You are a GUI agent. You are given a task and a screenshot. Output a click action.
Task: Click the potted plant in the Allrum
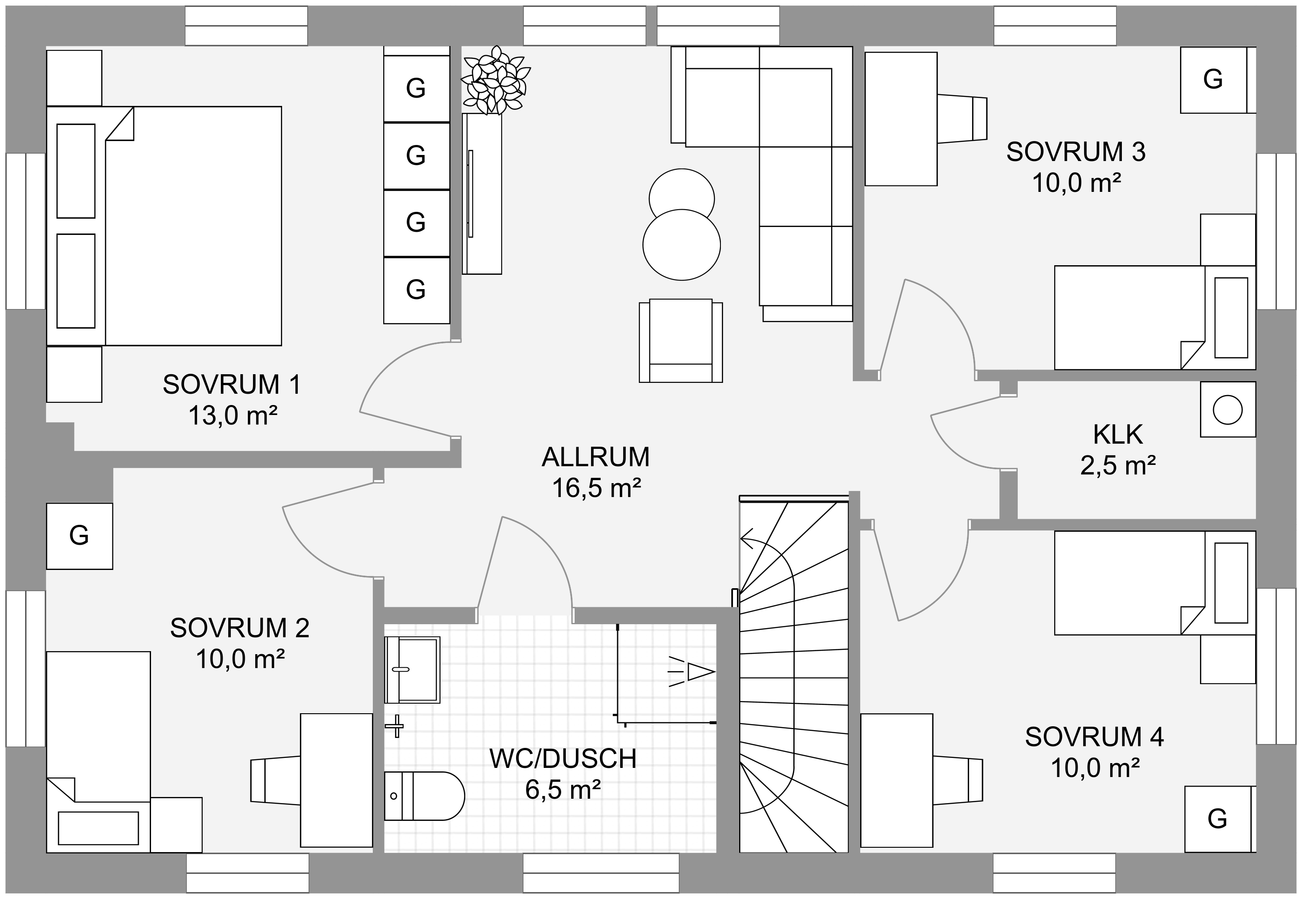point(496,81)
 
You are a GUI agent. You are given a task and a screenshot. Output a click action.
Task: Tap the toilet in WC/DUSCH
point(424,796)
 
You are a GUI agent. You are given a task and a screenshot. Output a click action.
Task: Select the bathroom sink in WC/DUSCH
point(412,670)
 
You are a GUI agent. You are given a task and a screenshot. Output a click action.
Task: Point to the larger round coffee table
point(681,244)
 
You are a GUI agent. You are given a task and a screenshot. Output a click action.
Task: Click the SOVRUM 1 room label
point(232,385)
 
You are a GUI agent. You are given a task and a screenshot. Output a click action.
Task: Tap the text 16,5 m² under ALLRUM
point(596,488)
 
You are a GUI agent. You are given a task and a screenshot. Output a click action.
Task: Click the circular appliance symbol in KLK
point(1228,409)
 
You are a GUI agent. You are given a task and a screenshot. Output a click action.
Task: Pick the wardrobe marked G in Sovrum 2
point(79,536)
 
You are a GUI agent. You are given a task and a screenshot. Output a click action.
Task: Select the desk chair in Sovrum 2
point(276,780)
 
